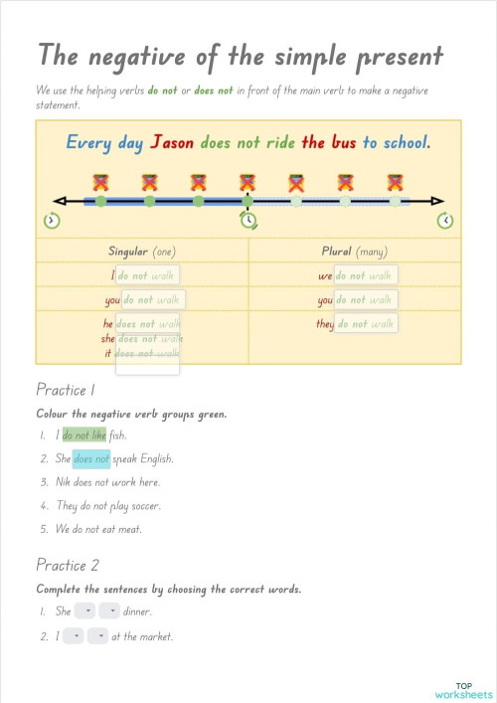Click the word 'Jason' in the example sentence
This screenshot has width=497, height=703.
coord(172,142)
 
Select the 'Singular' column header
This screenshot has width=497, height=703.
coord(130,252)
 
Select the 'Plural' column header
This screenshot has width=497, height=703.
coord(343,252)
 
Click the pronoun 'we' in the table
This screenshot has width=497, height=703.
coord(325,275)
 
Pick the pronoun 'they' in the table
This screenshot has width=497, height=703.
coord(325,324)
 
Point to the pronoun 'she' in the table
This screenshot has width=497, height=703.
coord(108,338)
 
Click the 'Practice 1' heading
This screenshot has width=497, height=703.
coord(66,389)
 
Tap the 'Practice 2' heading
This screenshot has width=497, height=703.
coord(68,565)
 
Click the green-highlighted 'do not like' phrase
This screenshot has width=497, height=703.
coord(83,435)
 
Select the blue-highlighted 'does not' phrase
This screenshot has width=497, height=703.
coord(90,458)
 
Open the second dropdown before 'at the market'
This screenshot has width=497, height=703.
coord(97,636)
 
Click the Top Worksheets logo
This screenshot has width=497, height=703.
coord(463,689)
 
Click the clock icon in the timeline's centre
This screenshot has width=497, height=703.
coord(248,220)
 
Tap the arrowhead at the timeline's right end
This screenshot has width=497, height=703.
coord(440,201)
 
